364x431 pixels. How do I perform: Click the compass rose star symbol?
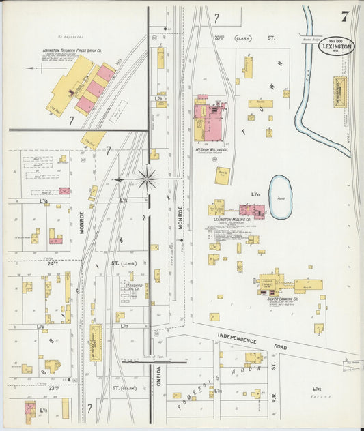coord(147,179)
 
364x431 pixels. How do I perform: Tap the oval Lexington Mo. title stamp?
coord(336,46)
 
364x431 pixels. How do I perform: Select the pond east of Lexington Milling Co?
coord(280,196)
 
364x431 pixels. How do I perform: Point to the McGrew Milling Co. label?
coord(211,149)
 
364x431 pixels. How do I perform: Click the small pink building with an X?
coord(65,191)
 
